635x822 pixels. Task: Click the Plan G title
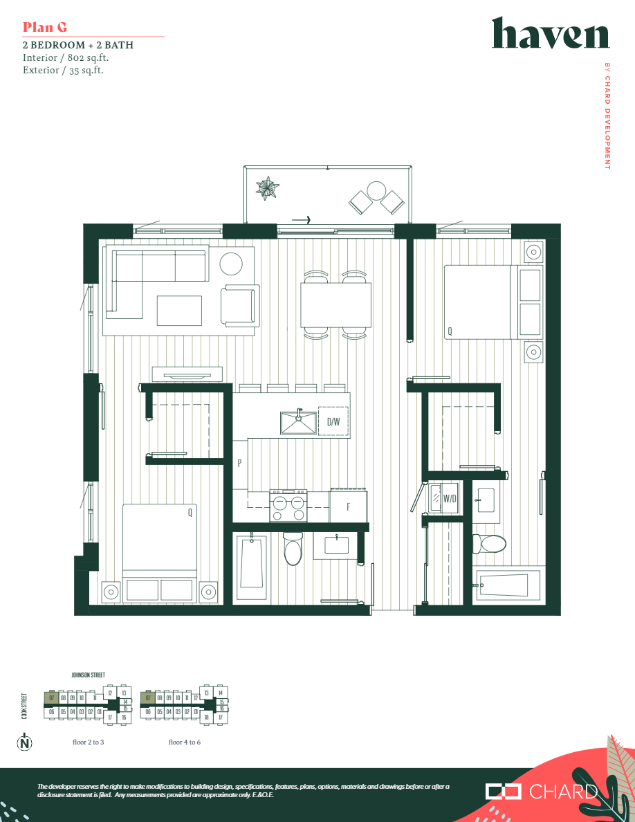pyautogui.click(x=45, y=27)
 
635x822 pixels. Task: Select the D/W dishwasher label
pyautogui.click(x=333, y=421)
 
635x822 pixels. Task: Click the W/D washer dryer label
pyautogui.click(x=450, y=498)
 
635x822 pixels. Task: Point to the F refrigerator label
pyautogui.click(x=348, y=506)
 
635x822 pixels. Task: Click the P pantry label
pyautogui.click(x=239, y=464)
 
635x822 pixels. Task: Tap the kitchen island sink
pyautogui.click(x=298, y=422)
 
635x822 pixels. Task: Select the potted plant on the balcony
pyautogui.click(x=267, y=188)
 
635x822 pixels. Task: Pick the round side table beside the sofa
pyautogui.click(x=231, y=264)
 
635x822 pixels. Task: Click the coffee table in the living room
pyautogui.click(x=179, y=310)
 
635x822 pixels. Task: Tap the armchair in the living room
pyautogui.click(x=239, y=305)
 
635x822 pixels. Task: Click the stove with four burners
pyautogui.click(x=288, y=506)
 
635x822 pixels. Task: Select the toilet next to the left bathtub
pyautogui.click(x=293, y=550)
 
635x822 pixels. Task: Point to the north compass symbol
pyautogui.click(x=25, y=743)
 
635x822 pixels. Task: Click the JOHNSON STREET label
pyautogui.click(x=89, y=675)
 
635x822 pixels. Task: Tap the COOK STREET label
pyautogui.click(x=24, y=706)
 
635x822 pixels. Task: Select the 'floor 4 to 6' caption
pyautogui.click(x=185, y=742)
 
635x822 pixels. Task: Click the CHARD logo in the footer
pyautogui.click(x=542, y=792)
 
